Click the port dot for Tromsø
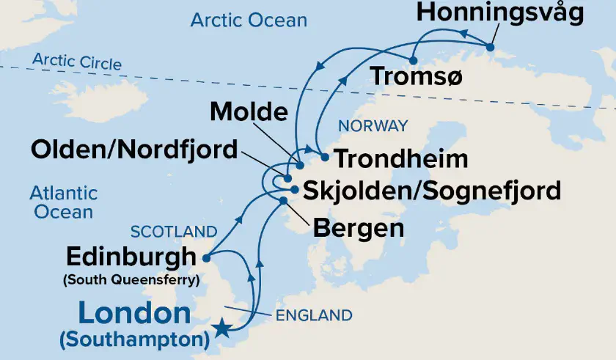(414, 60)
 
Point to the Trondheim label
(400, 158)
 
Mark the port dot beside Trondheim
(325, 157)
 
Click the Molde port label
(249, 112)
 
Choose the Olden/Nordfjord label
(134, 150)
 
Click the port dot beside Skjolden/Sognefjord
(294, 190)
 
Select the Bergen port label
(359, 227)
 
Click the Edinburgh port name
(131, 257)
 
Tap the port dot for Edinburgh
(208, 258)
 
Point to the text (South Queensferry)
(131, 279)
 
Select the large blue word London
(133, 313)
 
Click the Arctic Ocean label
(249, 20)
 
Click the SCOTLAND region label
(174, 232)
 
